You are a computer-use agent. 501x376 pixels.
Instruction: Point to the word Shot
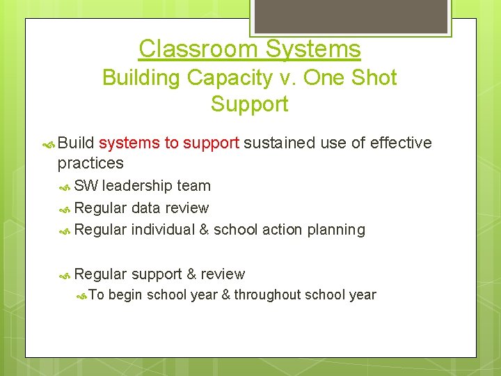click(x=373, y=77)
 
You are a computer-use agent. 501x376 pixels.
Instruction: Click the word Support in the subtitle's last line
click(x=250, y=104)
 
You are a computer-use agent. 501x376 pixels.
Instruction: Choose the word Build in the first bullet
click(x=76, y=143)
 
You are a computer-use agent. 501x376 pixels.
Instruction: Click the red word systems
click(x=129, y=143)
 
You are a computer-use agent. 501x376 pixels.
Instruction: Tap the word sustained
click(x=280, y=143)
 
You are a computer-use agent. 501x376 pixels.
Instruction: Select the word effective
click(x=401, y=143)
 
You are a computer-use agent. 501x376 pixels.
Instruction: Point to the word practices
click(x=90, y=164)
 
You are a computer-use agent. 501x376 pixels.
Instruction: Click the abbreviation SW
click(x=86, y=186)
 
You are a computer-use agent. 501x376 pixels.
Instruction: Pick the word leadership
click(x=137, y=186)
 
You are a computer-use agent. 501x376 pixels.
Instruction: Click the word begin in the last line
click(x=125, y=295)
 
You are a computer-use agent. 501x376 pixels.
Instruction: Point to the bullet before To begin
click(x=81, y=295)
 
